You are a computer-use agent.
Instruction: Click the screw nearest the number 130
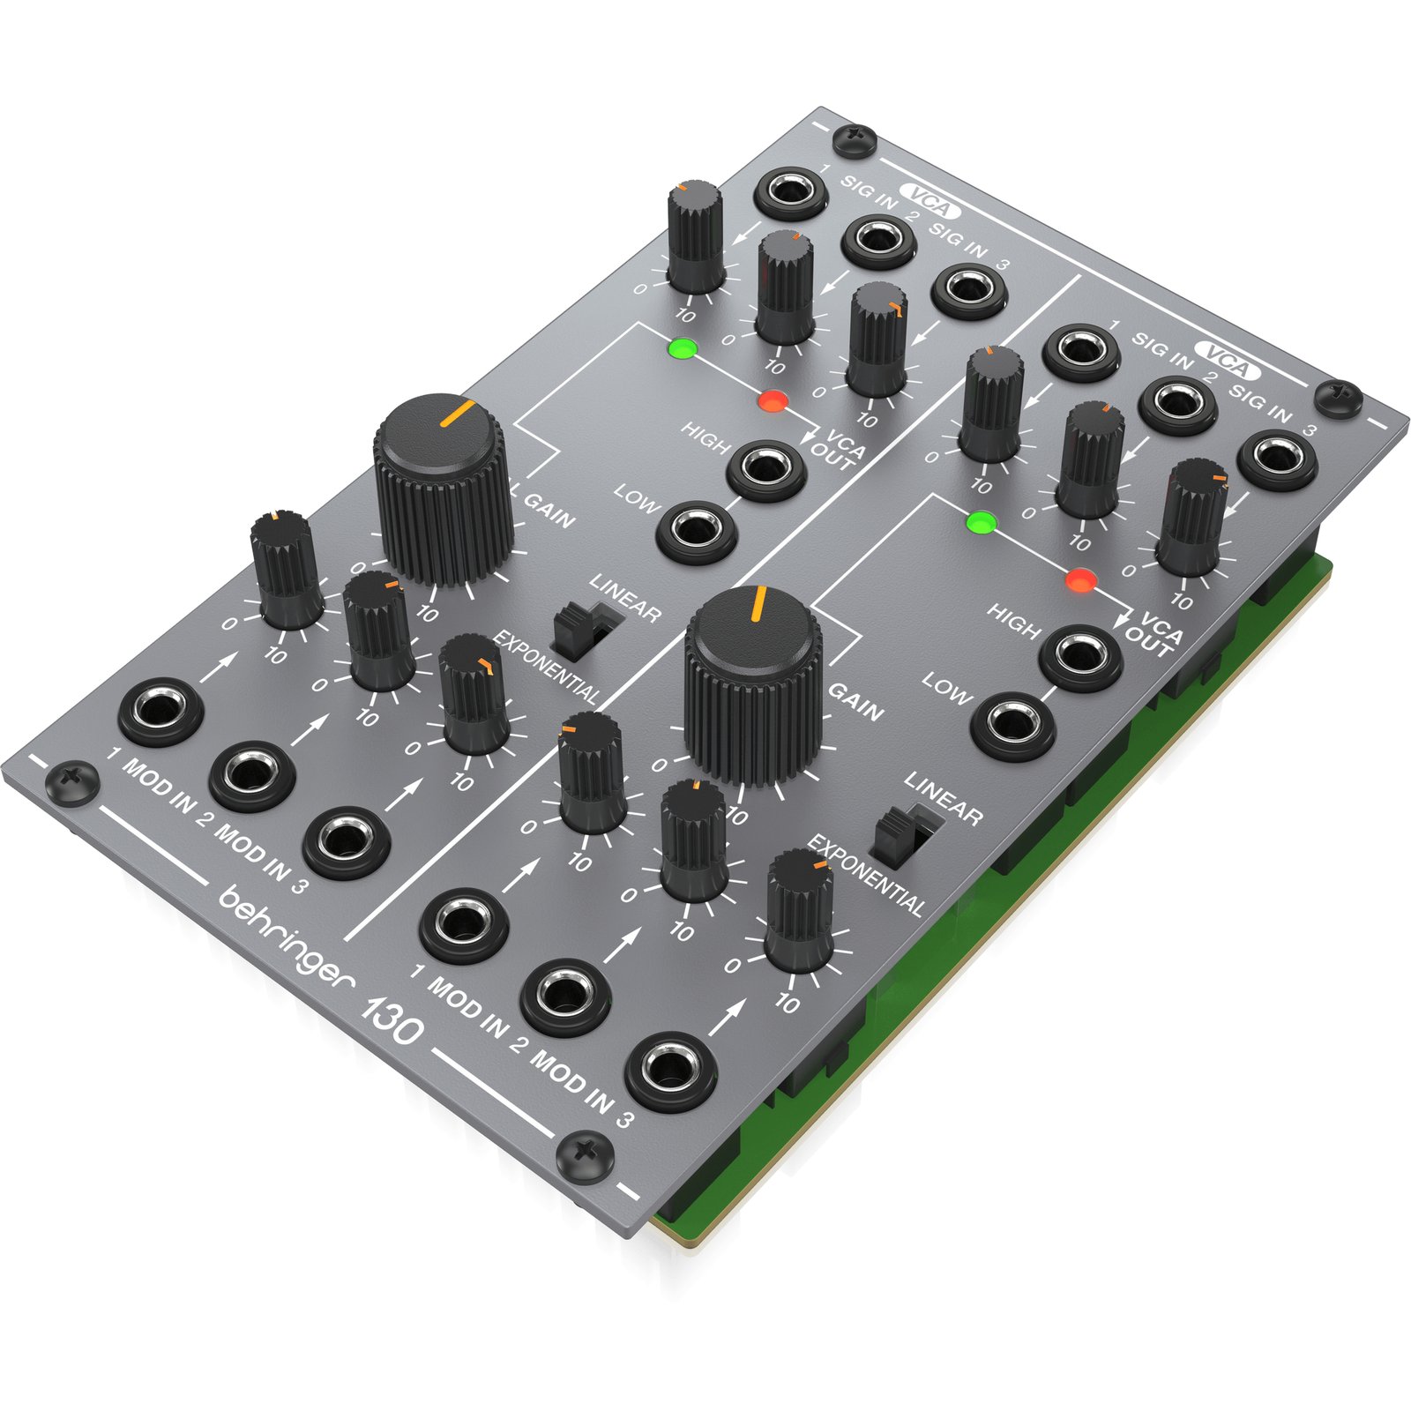tap(585, 1153)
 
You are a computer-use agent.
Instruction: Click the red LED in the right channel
tap(1080, 581)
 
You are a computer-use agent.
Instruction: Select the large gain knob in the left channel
tap(443, 489)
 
